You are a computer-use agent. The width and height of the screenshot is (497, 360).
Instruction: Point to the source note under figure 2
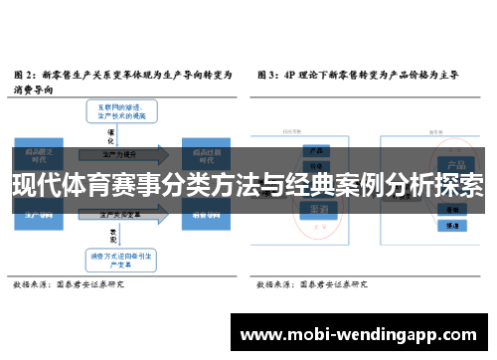click(x=69, y=285)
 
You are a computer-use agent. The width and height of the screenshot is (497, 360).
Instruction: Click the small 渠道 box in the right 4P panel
click(x=452, y=228)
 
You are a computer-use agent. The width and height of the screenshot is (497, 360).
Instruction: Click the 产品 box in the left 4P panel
click(x=318, y=152)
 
